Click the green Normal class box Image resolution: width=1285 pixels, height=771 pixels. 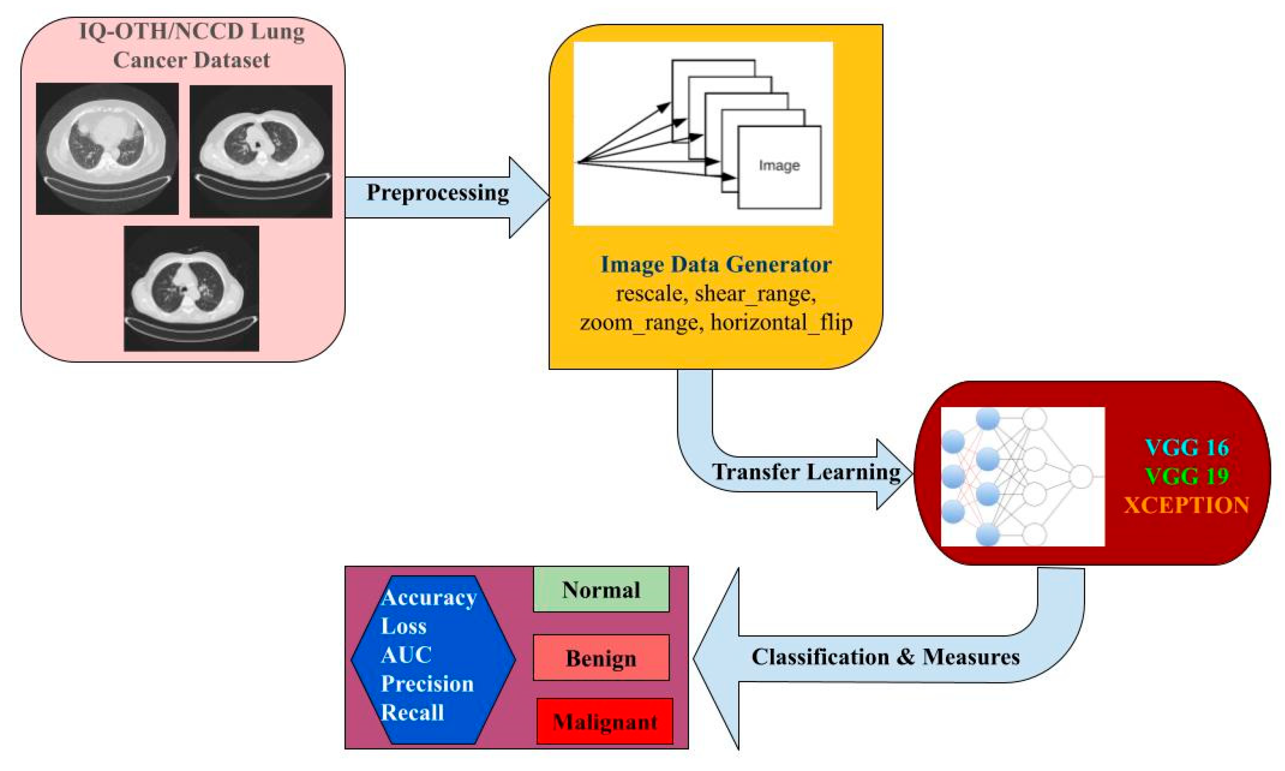click(x=601, y=590)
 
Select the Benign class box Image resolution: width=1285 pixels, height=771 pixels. click(x=601, y=658)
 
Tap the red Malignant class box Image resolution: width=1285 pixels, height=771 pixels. click(x=605, y=722)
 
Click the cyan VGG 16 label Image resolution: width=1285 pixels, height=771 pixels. click(x=1187, y=447)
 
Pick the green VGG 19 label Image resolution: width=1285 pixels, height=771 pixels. click(x=1187, y=476)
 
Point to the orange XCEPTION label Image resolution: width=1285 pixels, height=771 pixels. click(x=1187, y=505)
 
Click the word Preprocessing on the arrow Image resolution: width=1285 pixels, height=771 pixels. click(x=437, y=193)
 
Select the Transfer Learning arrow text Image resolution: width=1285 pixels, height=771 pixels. click(x=806, y=472)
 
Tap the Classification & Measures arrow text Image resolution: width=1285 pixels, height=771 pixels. click(x=885, y=656)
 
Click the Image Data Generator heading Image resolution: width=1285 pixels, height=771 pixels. click(x=716, y=265)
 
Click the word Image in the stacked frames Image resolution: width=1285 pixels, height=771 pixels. click(x=779, y=166)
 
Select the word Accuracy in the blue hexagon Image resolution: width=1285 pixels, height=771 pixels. click(x=428, y=597)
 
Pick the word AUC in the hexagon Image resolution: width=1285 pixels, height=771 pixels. click(x=406, y=655)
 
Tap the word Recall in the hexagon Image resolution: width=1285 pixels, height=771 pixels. click(x=412, y=712)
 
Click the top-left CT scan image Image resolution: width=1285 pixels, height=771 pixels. click(x=107, y=149)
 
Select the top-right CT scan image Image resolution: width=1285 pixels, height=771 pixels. click(x=261, y=151)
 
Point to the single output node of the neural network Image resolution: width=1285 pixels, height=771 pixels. click(x=1081, y=476)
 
